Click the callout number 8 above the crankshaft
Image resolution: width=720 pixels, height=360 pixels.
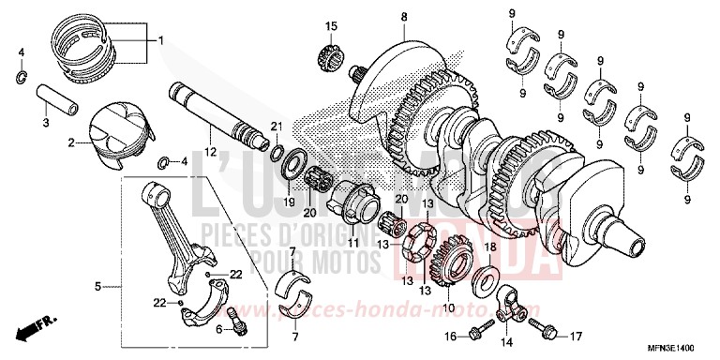point(378,17)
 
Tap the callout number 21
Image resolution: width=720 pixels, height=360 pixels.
point(276,127)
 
